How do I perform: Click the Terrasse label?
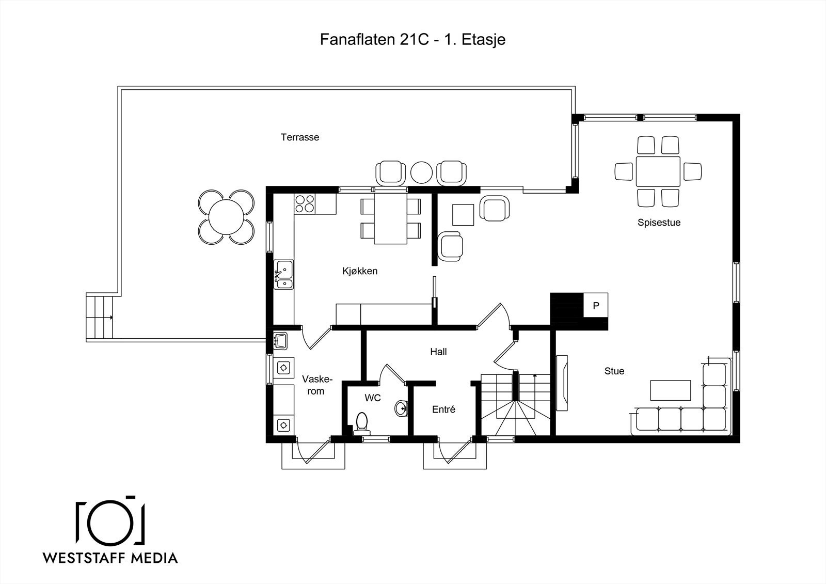(300, 137)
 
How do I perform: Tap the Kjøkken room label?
(360, 271)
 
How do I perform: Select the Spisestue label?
(659, 223)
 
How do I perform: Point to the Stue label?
(614, 371)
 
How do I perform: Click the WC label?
(372, 398)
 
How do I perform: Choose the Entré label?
(443, 409)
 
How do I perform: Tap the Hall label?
(438, 352)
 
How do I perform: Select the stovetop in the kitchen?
(305, 203)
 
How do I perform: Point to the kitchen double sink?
(283, 275)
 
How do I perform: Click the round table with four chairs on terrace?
(226, 217)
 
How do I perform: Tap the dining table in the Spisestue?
(658, 171)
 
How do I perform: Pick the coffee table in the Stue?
(671, 390)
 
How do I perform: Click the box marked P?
(596, 306)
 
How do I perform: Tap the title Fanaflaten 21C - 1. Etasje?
(412, 39)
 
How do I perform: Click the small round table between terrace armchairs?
(421, 172)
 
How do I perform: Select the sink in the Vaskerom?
(281, 340)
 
